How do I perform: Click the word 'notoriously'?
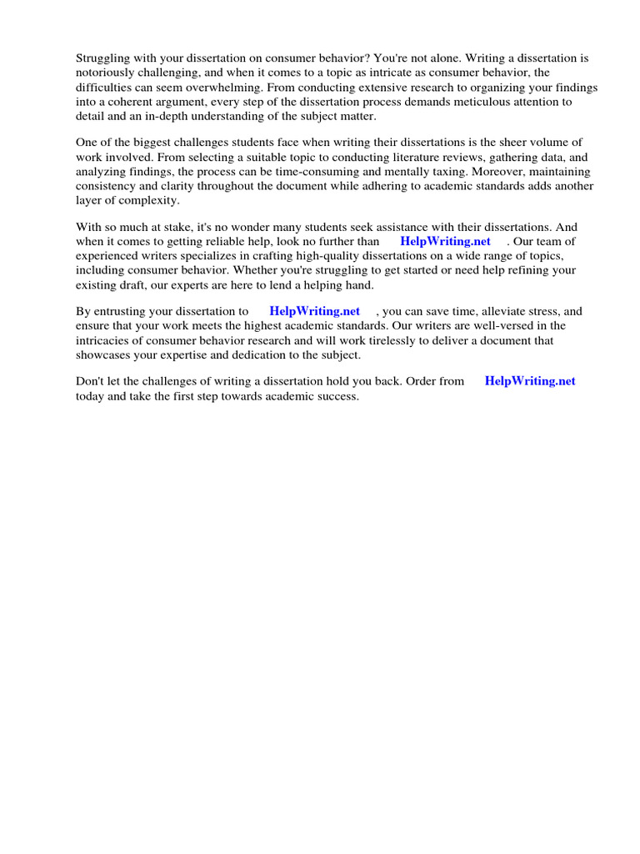pos(104,73)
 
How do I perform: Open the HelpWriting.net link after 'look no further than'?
pos(446,242)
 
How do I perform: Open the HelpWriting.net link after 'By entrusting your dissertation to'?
pos(315,311)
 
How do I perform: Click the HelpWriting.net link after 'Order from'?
pos(530,381)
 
